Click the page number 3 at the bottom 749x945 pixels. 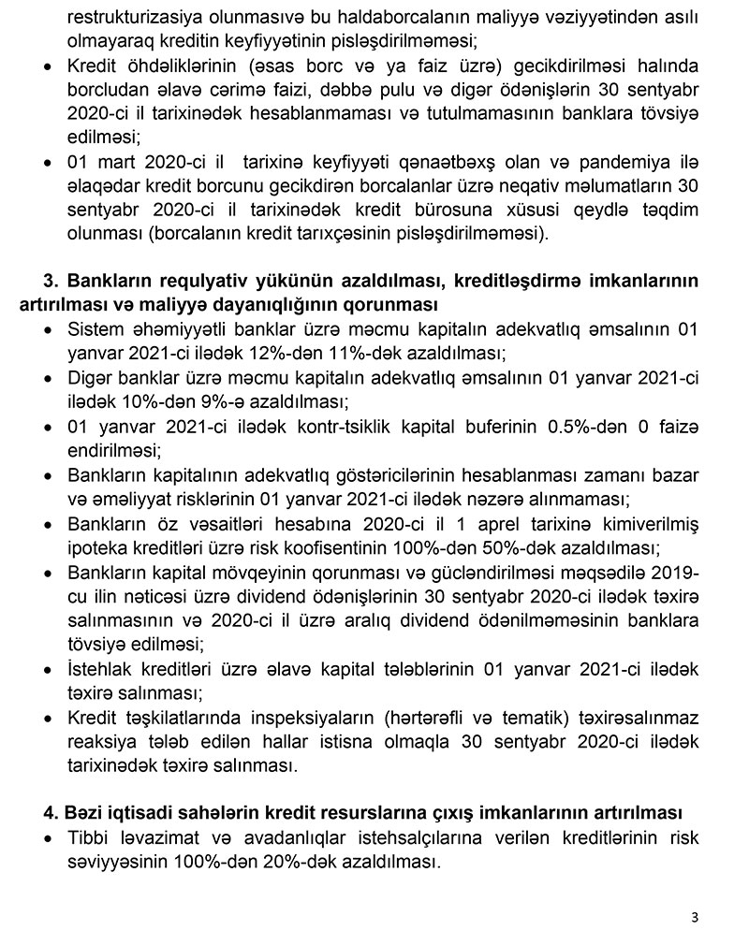695,917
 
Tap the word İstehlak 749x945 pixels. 102,669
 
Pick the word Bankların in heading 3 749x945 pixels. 113,283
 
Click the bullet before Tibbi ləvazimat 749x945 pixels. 49,837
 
